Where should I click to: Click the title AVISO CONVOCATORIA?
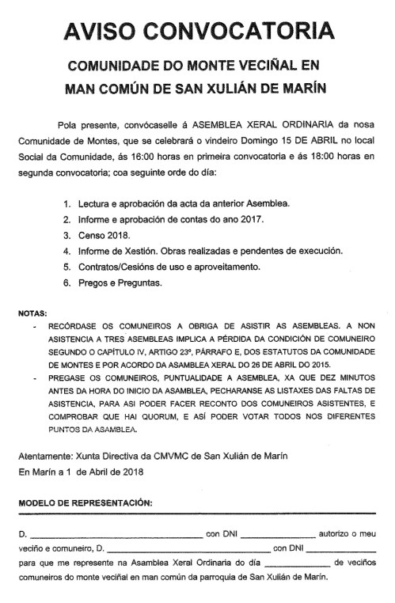197,31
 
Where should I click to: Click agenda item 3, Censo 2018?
101,235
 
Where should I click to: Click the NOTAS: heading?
33,313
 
